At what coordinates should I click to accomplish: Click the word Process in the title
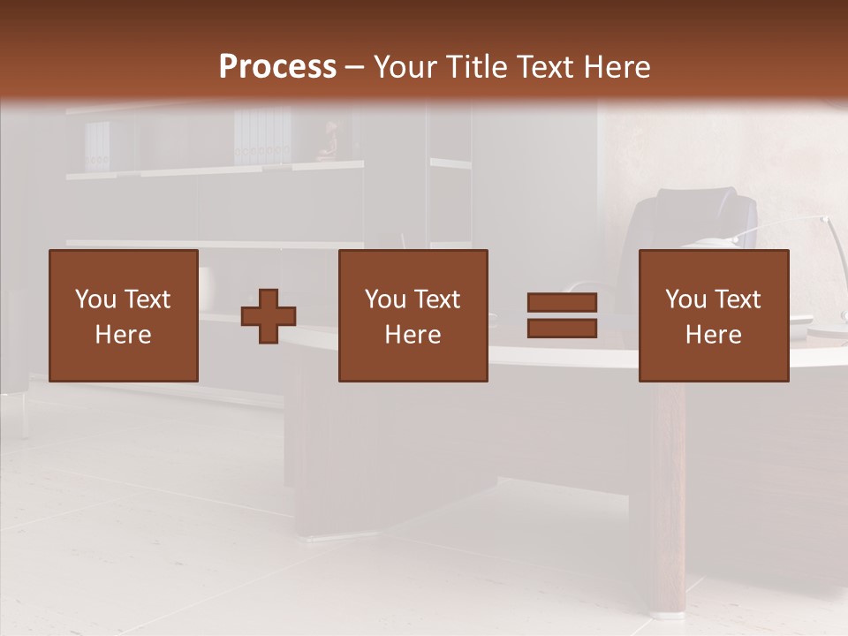pos(277,67)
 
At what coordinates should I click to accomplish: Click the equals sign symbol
pos(562,315)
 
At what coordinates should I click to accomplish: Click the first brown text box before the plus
pos(123,315)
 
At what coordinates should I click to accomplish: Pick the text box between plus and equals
pos(413,315)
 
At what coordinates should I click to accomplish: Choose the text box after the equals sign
pos(713,315)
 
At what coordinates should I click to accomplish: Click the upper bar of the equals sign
pos(562,303)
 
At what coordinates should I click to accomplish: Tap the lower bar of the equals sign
pos(562,329)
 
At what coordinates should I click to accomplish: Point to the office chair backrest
pos(689,221)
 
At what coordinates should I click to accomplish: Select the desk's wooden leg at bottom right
pos(670,495)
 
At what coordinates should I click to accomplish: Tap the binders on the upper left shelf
pos(97,146)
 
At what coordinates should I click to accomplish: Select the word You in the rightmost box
pos(685,299)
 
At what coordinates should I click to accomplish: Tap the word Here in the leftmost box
pos(123,335)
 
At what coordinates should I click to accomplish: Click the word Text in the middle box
pos(438,299)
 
